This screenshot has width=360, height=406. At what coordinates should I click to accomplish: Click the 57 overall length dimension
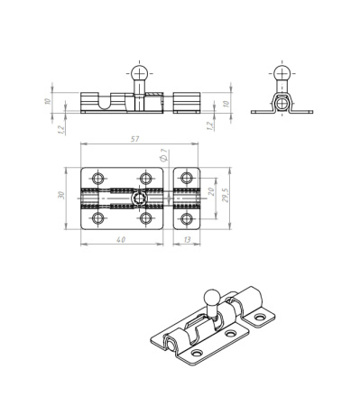tap(135, 139)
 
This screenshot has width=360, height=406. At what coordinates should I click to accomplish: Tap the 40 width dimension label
tap(121, 240)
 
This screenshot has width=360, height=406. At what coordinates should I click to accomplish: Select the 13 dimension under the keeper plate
tap(187, 240)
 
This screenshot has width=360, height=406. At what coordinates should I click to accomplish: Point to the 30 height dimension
tap(61, 195)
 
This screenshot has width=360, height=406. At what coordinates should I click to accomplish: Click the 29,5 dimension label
tap(226, 195)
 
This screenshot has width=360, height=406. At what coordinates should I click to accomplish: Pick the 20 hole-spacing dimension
tap(211, 191)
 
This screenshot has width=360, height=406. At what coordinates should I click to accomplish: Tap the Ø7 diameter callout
tap(164, 155)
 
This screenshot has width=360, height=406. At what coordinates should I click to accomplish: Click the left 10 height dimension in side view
tap(48, 101)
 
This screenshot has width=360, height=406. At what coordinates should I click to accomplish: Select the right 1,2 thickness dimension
tap(210, 125)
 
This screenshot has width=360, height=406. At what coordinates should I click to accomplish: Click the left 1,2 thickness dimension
tap(61, 129)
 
